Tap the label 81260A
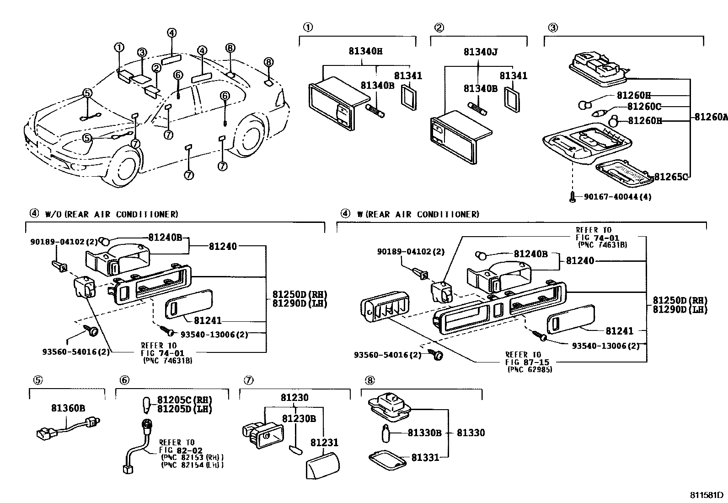pyautogui.click(x=710, y=117)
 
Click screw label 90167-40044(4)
pyautogui.click(x=617, y=197)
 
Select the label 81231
pyautogui.click(x=324, y=443)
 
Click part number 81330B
pyautogui.click(x=424, y=433)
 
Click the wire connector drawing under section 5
pyautogui.click(x=68, y=428)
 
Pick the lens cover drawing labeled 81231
pyautogui.click(x=322, y=464)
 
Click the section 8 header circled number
pyautogui.click(x=369, y=380)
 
